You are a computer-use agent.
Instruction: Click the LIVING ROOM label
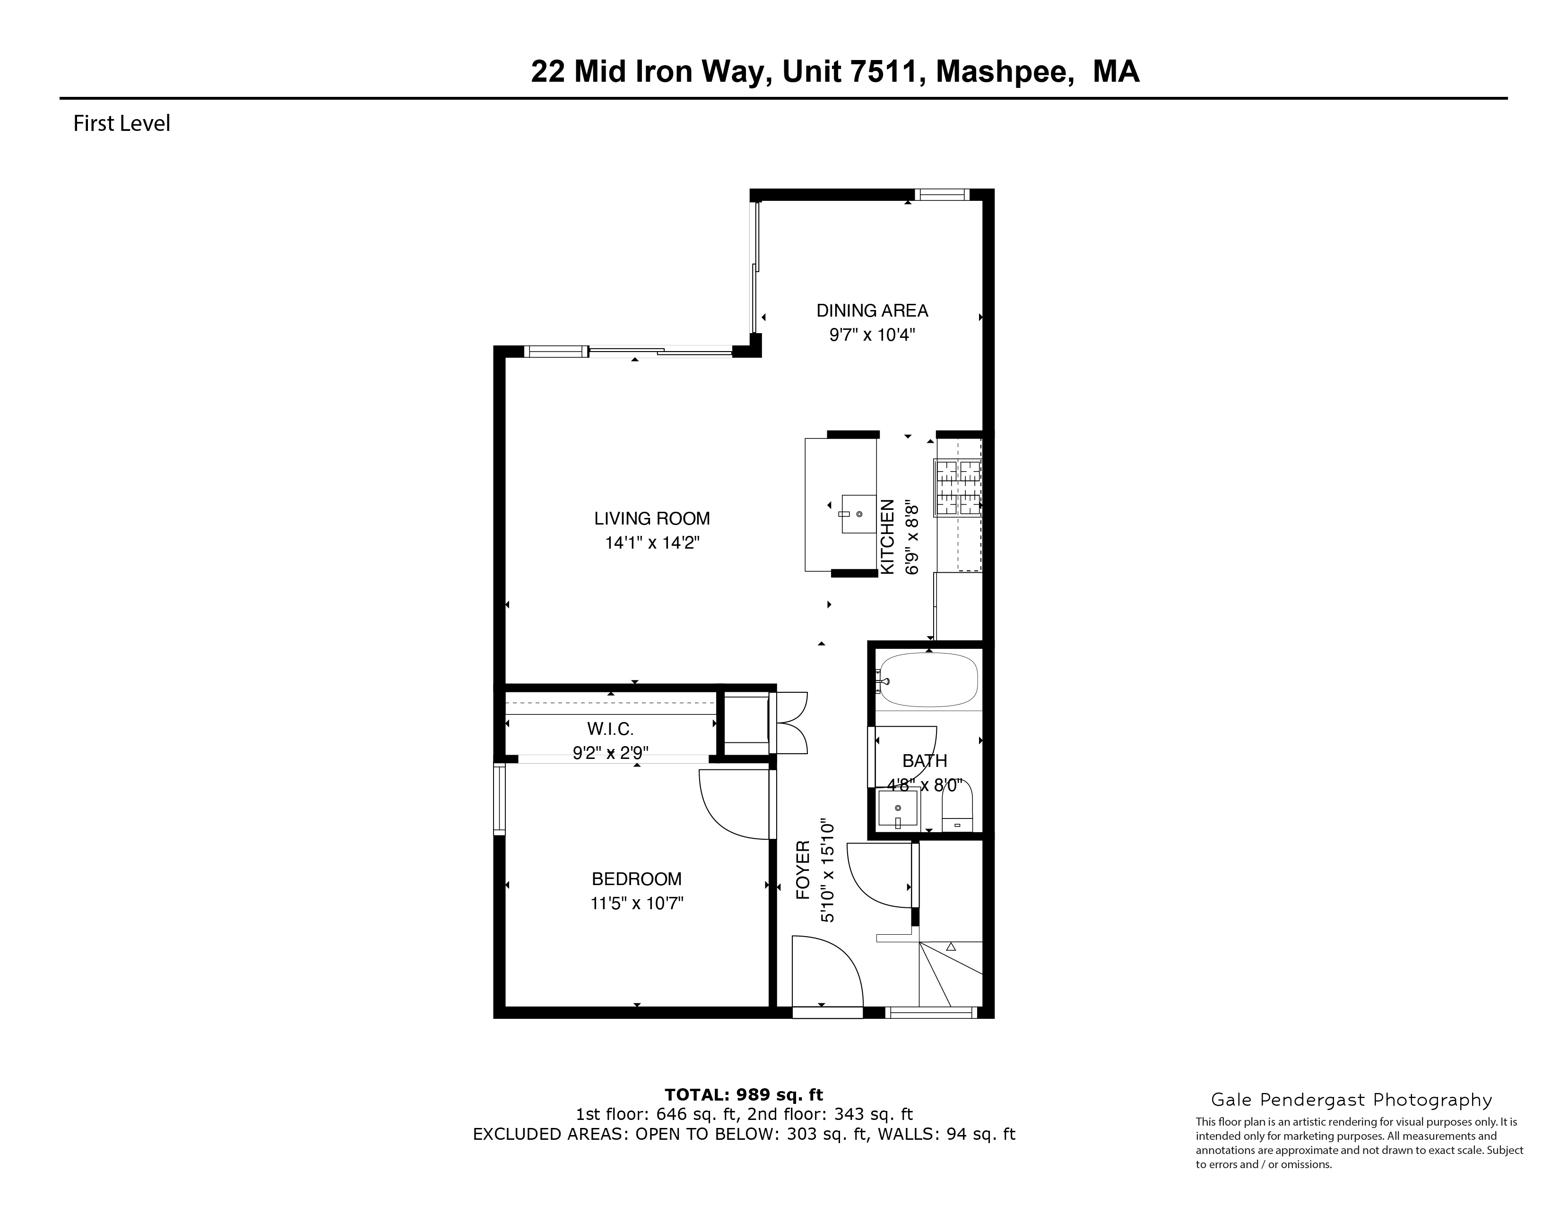651,518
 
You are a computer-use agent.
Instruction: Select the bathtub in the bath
928,680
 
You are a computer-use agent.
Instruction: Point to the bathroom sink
898,809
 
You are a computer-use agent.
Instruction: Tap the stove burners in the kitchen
958,488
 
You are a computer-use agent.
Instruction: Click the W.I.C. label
610,729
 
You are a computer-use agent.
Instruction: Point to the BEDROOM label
636,879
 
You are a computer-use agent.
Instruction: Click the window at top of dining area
941,194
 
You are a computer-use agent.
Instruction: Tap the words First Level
121,123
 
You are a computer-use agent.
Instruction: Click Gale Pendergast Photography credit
1351,1100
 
